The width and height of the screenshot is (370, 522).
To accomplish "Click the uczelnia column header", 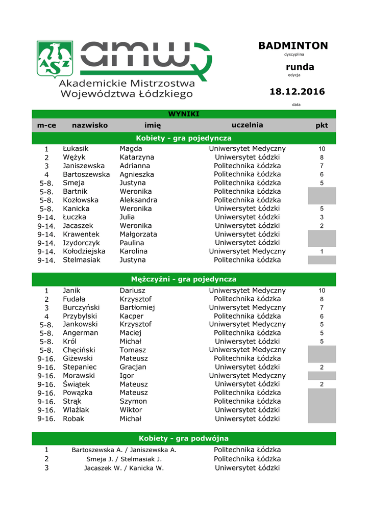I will (247, 125).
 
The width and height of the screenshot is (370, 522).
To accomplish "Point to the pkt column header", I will (322, 125).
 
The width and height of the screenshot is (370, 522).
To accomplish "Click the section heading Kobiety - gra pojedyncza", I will (184, 138).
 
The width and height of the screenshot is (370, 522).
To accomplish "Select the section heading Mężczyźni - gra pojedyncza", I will (184, 279).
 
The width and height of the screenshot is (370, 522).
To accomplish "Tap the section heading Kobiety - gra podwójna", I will (184, 438).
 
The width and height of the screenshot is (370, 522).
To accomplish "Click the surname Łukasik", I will (76, 148).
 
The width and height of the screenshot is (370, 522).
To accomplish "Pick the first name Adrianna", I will (135, 166).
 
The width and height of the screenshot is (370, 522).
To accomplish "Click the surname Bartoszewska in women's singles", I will (86, 174).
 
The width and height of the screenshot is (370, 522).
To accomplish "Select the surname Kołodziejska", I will (84, 251).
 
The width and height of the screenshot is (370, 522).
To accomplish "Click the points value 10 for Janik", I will (322, 291).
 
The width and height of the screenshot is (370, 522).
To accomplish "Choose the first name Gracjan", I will (133, 367).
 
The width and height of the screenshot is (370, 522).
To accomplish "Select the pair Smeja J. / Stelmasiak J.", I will (124, 459).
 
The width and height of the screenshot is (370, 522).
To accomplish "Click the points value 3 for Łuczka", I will (322, 217).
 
